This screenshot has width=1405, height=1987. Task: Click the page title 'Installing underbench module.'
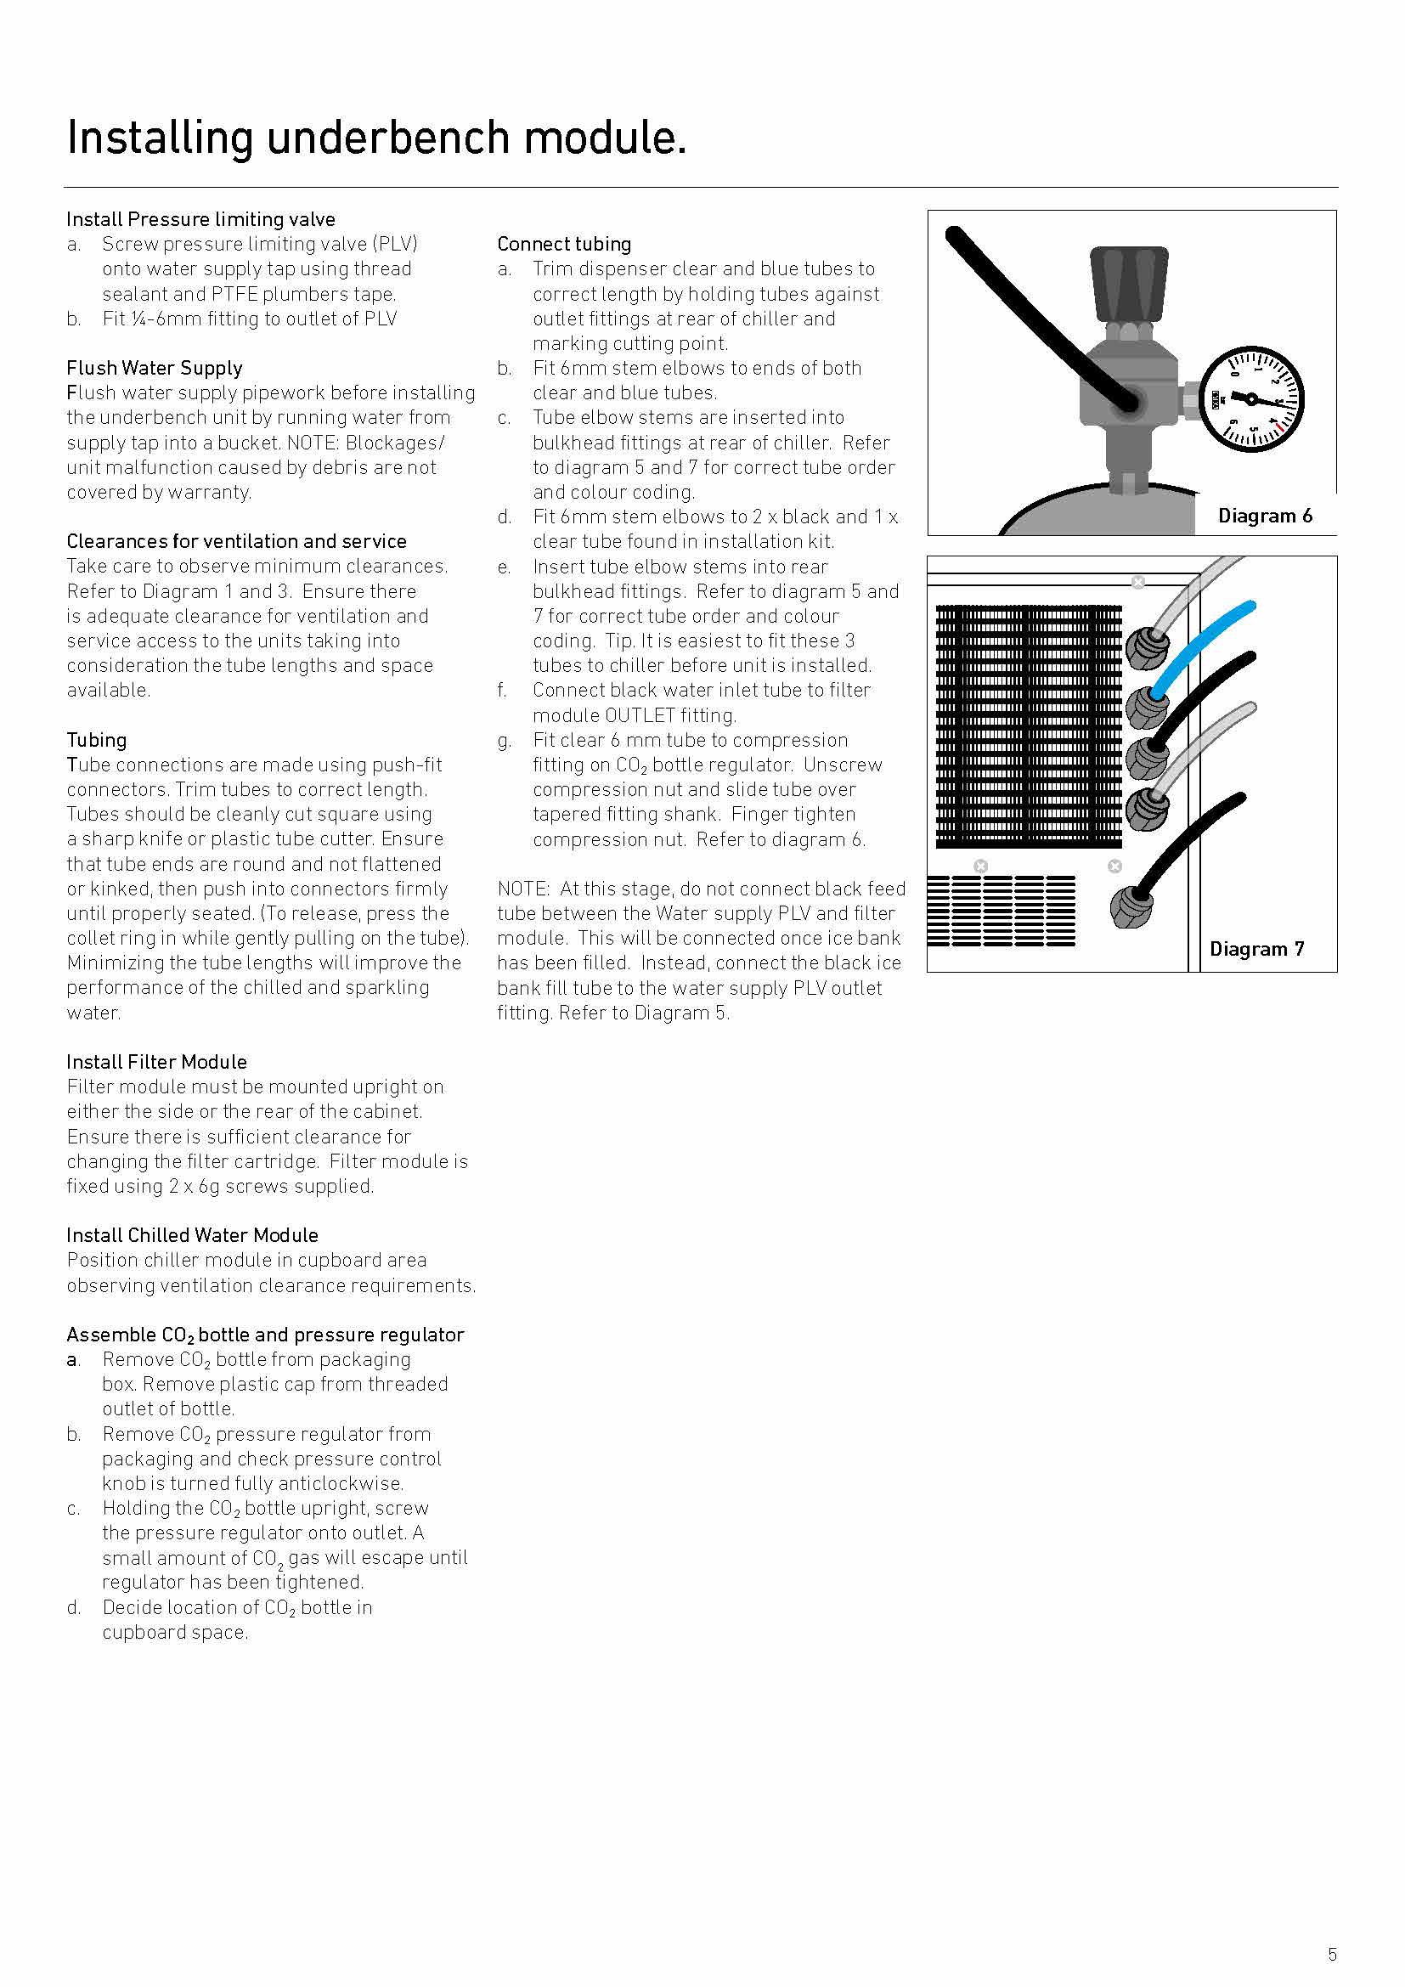point(377,138)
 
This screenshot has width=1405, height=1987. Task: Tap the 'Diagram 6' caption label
point(1265,516)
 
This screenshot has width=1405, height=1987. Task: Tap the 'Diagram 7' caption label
point(1256,950)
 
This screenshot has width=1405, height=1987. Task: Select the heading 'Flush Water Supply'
point(154,368)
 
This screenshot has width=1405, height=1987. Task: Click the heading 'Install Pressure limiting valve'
point(200,219)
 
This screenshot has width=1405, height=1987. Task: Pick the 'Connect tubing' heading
point(564,244)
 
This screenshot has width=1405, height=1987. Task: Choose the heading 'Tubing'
point(97,740)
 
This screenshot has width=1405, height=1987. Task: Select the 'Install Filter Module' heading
point(156,1062)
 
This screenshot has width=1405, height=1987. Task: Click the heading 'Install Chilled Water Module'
point(192,1235)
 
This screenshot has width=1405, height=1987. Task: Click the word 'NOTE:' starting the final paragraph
point(523,889)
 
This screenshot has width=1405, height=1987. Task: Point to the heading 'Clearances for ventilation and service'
point(236,541)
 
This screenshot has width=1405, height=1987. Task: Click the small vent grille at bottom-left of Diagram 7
point(1001,912)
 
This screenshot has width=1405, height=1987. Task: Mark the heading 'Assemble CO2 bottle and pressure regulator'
point(265,1335)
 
